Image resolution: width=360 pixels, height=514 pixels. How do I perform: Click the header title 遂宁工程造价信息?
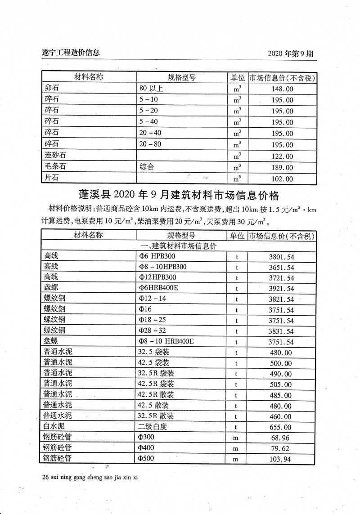pyautogui.click(x=67, y=53)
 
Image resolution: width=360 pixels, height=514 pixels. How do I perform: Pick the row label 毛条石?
pyautogui.click(x=54, y=167)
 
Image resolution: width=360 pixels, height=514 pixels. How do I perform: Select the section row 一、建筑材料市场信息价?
pyautogui.click(x=179, y=246)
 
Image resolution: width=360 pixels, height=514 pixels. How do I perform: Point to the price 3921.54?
pyautogui.click(x=281, y=289)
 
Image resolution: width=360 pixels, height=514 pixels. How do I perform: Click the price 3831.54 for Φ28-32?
pyautogui.click(x=281, y=331)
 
